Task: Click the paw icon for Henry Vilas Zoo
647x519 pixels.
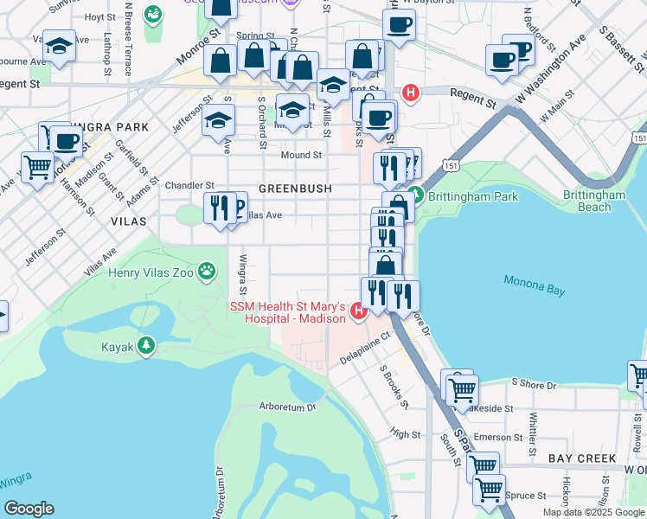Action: point(207,272)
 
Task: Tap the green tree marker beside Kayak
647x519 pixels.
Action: point(146,346)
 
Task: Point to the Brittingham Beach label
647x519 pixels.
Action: point(593,202)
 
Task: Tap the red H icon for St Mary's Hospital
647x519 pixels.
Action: point(358,309)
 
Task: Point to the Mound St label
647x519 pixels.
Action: point(301,156)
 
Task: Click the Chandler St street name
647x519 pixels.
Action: point(189,185)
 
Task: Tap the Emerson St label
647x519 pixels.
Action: point(492,438)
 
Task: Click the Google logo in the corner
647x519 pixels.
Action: point(28,509)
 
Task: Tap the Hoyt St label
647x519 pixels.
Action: point(100,17)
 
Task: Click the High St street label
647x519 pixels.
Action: point(405,435)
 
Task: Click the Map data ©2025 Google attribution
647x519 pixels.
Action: point(593,512)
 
